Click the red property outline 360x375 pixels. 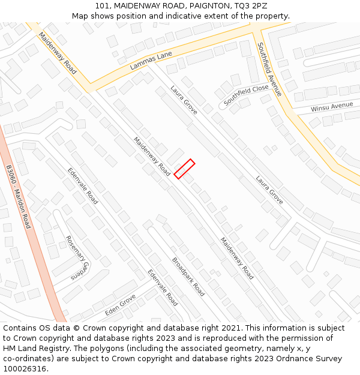[184, 169]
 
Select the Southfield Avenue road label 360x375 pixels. [269, 69]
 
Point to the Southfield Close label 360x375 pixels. [246, 95]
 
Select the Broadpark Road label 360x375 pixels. [188, 277]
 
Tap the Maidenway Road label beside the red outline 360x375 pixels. [152, 157]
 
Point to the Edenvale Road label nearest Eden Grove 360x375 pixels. [163, 287]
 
